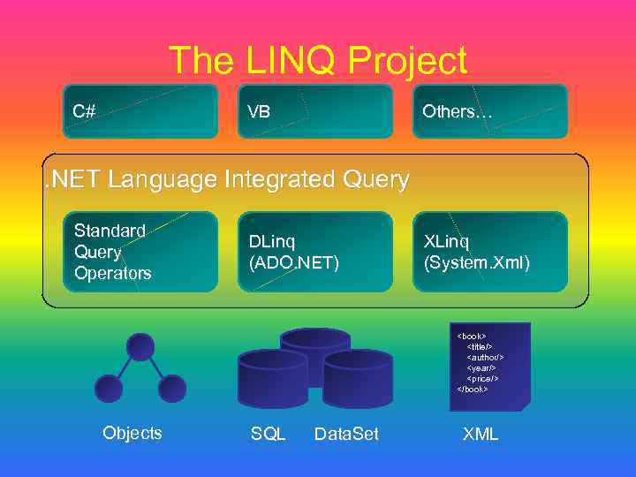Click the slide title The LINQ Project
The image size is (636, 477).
tap(317, 61)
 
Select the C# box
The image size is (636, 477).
tap(140, 111)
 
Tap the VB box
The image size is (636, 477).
tap(314, 111)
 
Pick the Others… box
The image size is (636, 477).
tap(489, 111)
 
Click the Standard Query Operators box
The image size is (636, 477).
tap(140, 252)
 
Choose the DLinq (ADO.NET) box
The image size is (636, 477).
tap(314, 252)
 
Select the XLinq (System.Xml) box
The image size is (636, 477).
tap(489, 252)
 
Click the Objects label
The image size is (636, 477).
tap(132, 433)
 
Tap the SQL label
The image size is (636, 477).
tap(269, 434)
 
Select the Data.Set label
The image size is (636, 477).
tap(346, 434)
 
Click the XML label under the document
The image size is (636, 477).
tap(481, 434)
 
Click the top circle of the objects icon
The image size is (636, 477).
tap(140, 346)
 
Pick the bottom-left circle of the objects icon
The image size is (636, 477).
tap(109, 389)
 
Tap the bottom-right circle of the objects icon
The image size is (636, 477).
tap(171, 389)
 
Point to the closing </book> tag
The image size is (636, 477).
tap(473, 389)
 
